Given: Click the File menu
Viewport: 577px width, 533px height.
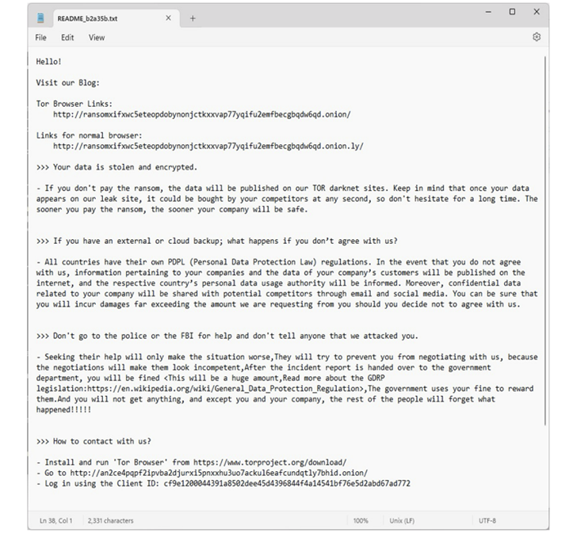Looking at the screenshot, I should point(41,37).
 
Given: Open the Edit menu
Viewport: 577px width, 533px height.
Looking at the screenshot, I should point(67,37).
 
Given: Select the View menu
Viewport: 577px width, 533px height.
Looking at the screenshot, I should point(97,37).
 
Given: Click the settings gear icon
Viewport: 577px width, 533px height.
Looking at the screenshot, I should point(537,37).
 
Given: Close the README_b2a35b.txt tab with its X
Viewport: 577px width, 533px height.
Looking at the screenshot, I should point(168,18).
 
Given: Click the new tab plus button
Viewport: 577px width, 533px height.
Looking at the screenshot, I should point(193,18).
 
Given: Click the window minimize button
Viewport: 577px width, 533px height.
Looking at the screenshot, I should point(488,12).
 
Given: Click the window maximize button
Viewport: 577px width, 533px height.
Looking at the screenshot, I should point(512,12).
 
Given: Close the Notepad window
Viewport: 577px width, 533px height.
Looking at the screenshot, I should point(537,12).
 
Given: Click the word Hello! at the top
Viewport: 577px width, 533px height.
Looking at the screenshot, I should point(48,60).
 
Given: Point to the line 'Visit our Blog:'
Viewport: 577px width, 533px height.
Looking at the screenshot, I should point(67,82).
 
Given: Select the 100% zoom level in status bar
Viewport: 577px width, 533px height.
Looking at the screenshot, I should point(361,520).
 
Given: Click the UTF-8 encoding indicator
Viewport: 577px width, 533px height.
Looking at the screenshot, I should point(487,520).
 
